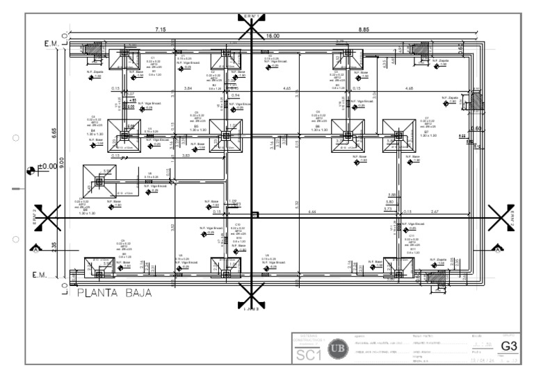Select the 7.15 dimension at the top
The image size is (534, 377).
[x=160, y=29]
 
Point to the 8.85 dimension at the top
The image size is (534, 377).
[x=364, y=29]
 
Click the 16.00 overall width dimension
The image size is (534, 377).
[x=271, y=35]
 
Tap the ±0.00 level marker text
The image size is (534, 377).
[x=47, y=168]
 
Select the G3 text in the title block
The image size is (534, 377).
[x=510, y=345]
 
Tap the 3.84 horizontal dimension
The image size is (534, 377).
[x=188, y=89]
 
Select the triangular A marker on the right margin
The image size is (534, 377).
[x=496, y=247]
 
